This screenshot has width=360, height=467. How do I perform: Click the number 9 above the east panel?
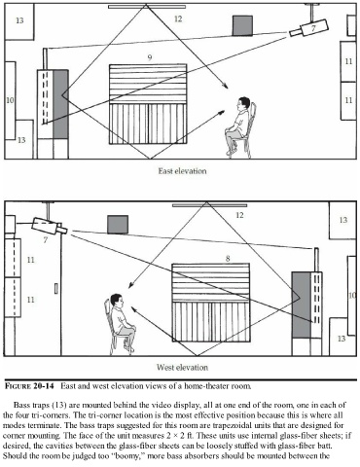click(150, 57)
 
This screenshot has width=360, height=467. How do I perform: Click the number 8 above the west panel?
click(228, 259)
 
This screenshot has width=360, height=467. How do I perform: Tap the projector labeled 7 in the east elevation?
click(309, 28)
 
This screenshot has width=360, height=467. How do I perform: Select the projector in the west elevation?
click(50, 226)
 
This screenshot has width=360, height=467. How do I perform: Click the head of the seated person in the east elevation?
click(243, 103)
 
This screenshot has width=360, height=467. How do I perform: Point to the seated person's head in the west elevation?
click(116, 301)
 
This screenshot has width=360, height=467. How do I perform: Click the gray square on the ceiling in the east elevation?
click(242, 25)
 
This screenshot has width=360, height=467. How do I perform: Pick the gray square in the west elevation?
click(118, 225)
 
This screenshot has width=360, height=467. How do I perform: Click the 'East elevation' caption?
click(182, 171)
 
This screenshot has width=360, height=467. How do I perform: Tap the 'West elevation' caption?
click(182, 368)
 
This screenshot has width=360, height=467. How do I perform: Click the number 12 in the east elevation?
click(178, 18)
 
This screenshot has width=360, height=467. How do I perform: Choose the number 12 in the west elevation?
click(239, 215)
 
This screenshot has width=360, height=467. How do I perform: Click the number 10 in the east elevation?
click(10, 100)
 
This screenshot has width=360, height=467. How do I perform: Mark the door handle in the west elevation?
click(55, 289)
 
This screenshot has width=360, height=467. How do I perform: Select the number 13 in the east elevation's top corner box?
click(19, 20)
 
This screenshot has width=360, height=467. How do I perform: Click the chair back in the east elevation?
click(253, 120)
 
